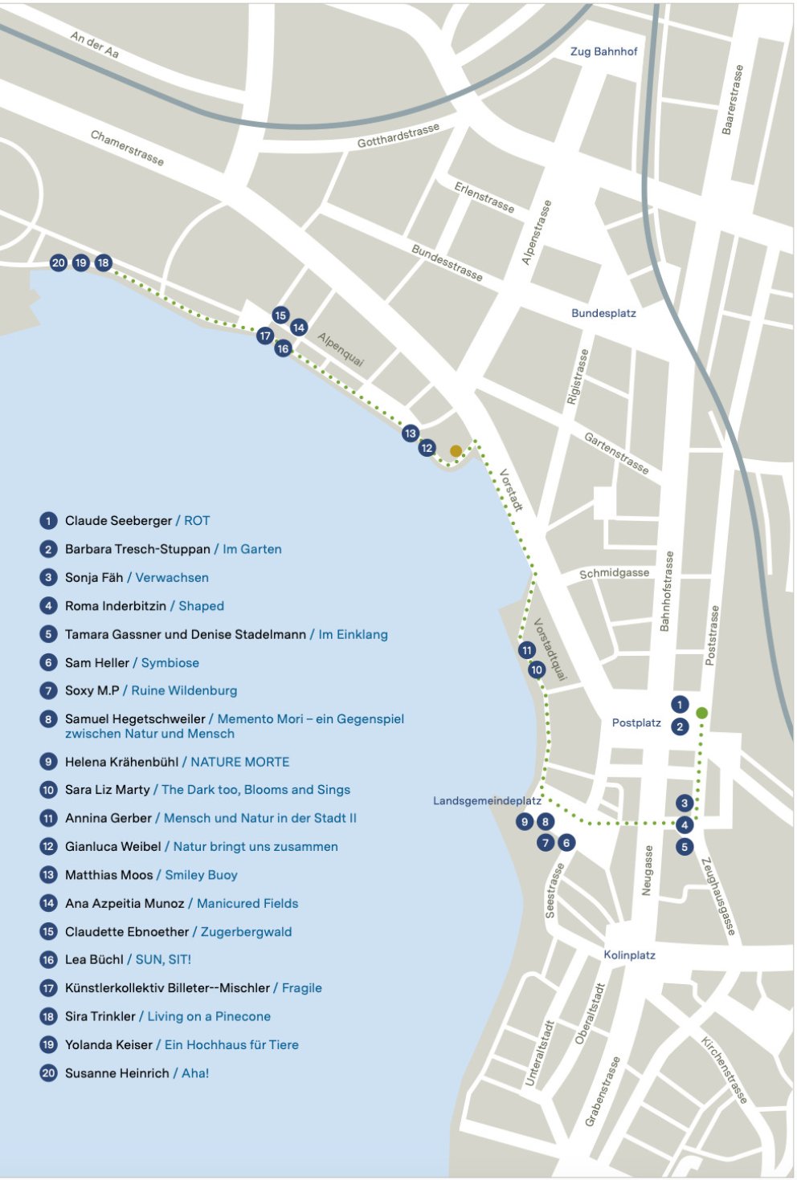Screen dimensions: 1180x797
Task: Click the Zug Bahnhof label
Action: [x=603, y=51]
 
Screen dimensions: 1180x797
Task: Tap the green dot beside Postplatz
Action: [x=701, y=713]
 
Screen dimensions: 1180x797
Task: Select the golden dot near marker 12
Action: [x=456, y=451]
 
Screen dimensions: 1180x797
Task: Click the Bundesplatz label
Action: [x=603, y=313]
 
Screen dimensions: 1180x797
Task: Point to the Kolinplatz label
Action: [x=629, y=955]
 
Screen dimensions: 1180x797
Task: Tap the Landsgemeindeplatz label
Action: [x=487, y=801]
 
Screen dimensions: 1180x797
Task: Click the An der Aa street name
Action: [x=95, y=45]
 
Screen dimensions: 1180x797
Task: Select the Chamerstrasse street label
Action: [x=127, y=149]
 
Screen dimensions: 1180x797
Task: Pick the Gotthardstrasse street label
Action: [x=398, y=136]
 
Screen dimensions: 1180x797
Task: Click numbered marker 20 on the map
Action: [x=58, y=262]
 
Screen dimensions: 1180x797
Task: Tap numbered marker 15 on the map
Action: [x=280, y=315]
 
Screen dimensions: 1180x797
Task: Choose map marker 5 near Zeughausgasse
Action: [x=685, y=846]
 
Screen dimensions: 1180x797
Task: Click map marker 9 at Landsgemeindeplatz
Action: [x=525, y=821]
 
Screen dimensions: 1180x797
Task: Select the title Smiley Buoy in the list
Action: [x=201, y=875]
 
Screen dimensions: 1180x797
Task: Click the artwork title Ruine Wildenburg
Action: [x=184, y=690]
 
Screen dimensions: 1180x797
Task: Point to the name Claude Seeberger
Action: [x=118, y=521]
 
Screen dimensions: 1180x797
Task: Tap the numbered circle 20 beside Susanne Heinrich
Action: [x=48, y=1073]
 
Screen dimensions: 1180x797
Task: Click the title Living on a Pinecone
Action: [x=209, y=1016]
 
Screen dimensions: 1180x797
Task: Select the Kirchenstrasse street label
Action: [x=725, y=1070]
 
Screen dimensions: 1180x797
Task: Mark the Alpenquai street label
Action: [x=341, y=350]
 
